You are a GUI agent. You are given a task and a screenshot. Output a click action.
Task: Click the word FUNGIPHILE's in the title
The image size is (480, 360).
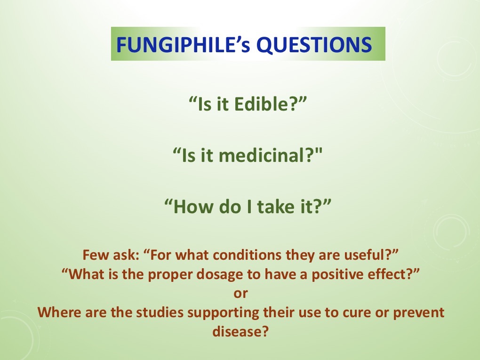pos(183,45)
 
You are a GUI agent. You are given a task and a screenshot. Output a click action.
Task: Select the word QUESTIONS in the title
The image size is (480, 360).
pos(314,45)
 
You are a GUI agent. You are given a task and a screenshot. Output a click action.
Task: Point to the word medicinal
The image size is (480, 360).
pos(265,155)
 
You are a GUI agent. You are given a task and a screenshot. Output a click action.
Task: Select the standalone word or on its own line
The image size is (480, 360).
pos(240,294)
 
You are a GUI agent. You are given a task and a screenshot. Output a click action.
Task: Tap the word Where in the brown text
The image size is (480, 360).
pos(59,312)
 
